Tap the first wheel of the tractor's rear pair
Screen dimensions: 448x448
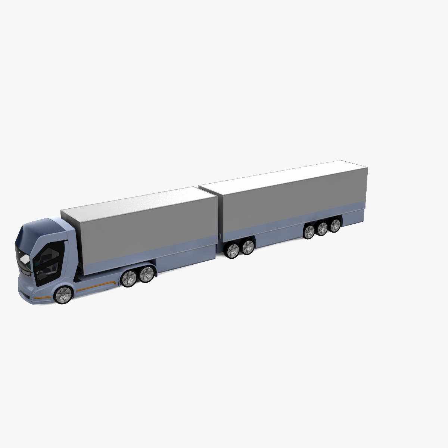(x=130, y=279)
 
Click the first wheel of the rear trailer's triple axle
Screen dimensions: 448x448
(x=309, y=231)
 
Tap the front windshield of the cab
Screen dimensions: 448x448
(x=23, y=258)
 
